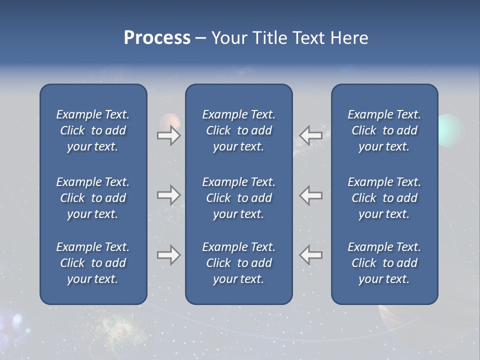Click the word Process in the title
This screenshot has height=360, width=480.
tap(157, 38)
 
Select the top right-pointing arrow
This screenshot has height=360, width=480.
tap(169, 135)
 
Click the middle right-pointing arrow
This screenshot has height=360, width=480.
tap(169, 195)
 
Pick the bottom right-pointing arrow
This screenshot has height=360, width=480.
tap(169, 255)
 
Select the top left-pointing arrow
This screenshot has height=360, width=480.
tap(310, 135)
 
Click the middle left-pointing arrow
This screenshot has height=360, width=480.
tap(310, 195)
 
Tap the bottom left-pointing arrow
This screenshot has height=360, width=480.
tap(310, 255)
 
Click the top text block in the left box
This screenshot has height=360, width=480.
tap(93, 130)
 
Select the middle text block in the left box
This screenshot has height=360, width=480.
tap(93, 198)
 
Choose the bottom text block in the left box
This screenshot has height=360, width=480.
tap(93, 263)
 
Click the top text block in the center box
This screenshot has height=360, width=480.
tap(238, 130)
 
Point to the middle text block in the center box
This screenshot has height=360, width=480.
tap(238, 198)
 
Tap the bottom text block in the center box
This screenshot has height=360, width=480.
tap(238, 263)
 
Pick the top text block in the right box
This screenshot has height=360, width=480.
tap(384, 130)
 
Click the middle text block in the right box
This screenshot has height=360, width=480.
tap(384, 198)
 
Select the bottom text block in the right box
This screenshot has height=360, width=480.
tap(384, 263)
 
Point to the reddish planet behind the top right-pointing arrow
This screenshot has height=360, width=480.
tap(169, 121)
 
